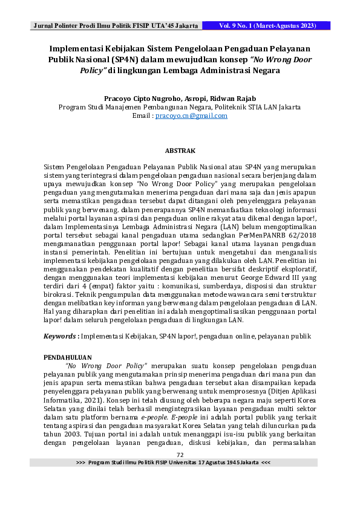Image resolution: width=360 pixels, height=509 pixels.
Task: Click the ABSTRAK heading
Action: tap(180, 149)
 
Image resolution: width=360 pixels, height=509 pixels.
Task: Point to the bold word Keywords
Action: tap(61, 335)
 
